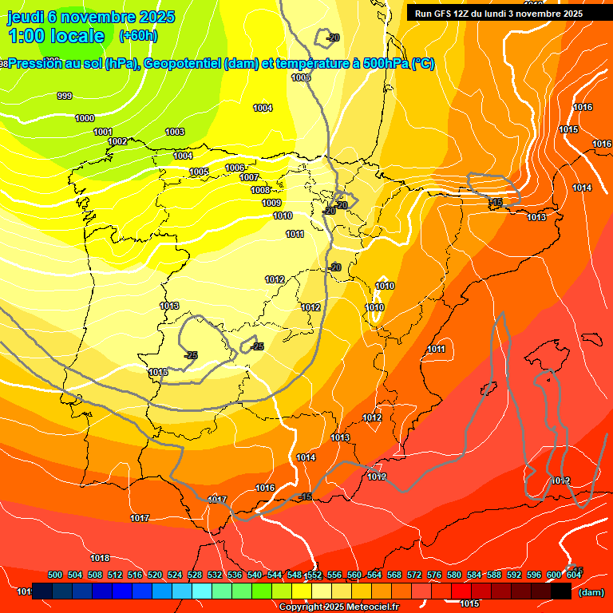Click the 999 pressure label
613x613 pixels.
[65, 96]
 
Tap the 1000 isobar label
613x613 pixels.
[85, 118]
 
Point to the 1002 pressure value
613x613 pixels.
[117, 141]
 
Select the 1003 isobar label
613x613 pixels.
[175, 132]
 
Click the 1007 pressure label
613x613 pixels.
[249, 177]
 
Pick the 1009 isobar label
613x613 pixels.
[271, 203]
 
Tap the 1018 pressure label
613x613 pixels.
[100, 558]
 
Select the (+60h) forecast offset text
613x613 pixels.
[138, 36]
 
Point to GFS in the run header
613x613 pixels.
[441, 14]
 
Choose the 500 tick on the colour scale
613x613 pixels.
[55, 575]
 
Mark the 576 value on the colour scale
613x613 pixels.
[434, 575]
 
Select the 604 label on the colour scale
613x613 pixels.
[574, 575]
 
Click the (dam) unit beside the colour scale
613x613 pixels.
[591, 592]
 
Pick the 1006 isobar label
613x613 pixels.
[235, 168]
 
